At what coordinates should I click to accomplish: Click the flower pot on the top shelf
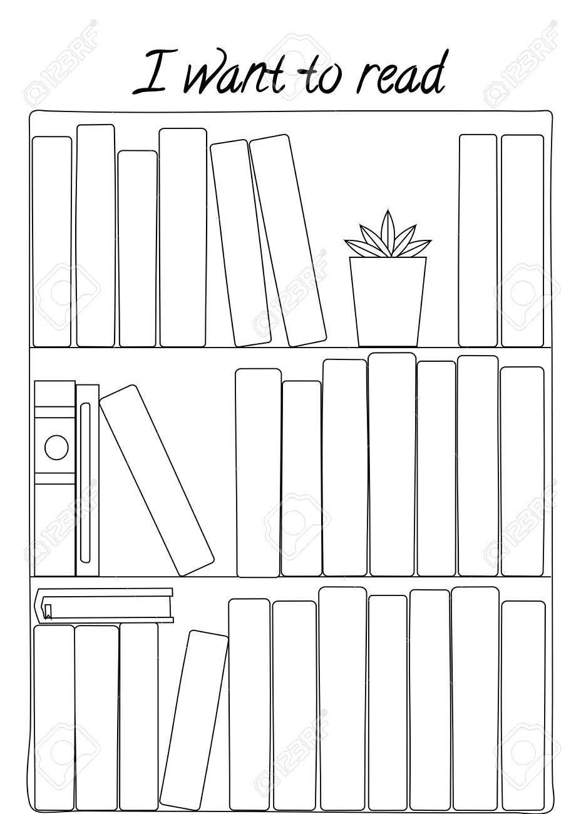click(388, 302)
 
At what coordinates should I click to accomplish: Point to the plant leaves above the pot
click(388, 234)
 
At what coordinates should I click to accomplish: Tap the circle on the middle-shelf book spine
click(56, 447)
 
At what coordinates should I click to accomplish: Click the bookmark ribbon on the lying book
click(48, 611)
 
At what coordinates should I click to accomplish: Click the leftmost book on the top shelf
click(52, 242)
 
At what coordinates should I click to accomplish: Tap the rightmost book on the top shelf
click(523, 240)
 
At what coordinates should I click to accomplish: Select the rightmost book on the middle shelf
click(523, 471)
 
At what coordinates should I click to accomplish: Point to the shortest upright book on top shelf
click(138, 249)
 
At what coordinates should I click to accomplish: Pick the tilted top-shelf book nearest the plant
click(288, 240)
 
